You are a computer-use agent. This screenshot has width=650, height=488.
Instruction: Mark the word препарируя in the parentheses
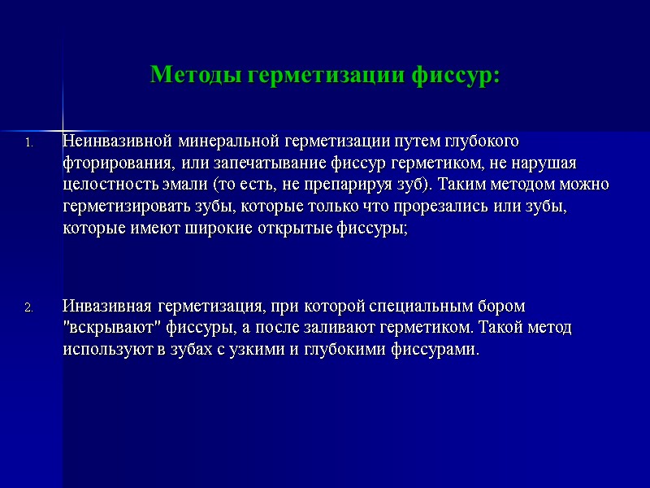(x=355, y=185)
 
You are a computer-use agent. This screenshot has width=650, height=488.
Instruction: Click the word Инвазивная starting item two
(x=107, y=307)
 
